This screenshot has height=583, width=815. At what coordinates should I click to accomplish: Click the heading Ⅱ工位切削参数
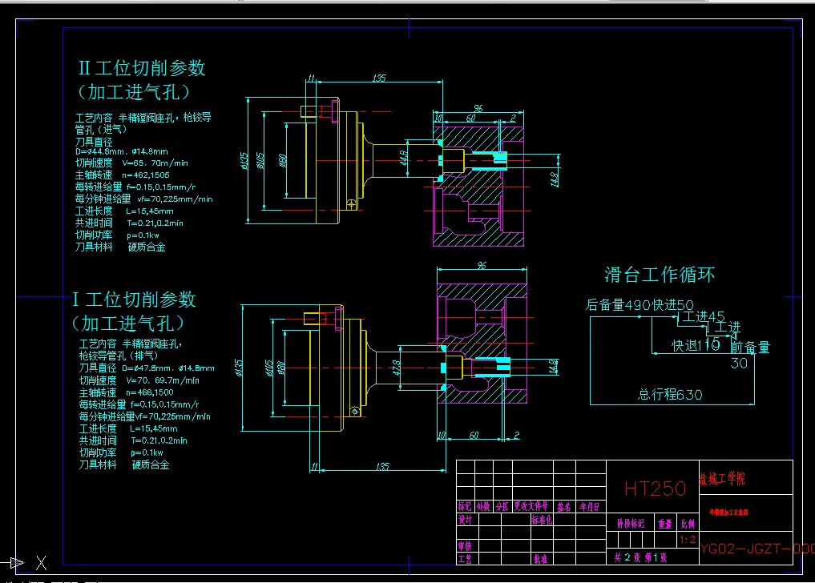point(141,68)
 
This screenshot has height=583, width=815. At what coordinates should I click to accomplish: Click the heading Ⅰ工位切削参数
point(134,300)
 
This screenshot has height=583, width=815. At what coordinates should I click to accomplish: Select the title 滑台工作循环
point(659,275)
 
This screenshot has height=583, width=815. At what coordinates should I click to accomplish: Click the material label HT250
point(655,489)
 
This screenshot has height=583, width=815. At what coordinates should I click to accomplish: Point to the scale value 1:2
point(687,541)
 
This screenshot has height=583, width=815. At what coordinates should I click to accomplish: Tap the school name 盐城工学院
point(722,479)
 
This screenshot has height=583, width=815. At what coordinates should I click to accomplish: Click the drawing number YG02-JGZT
point(756,549)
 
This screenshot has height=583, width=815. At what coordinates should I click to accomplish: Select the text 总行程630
point(670,395)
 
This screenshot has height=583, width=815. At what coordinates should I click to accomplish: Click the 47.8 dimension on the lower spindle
point(398,368)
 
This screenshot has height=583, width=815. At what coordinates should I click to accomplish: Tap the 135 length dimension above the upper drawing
point(378,78)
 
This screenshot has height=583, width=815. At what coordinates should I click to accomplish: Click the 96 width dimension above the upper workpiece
point(478,108)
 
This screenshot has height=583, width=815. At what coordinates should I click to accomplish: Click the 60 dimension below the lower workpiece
point(474,436)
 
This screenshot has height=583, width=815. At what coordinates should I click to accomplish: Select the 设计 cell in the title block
point(464,519)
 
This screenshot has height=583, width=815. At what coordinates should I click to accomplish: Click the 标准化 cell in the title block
point(542,519)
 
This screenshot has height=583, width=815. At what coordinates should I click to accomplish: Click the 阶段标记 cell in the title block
point(630,524)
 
